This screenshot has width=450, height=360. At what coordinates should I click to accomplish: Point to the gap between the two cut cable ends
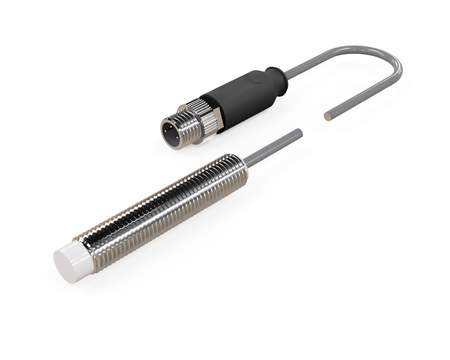313,124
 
